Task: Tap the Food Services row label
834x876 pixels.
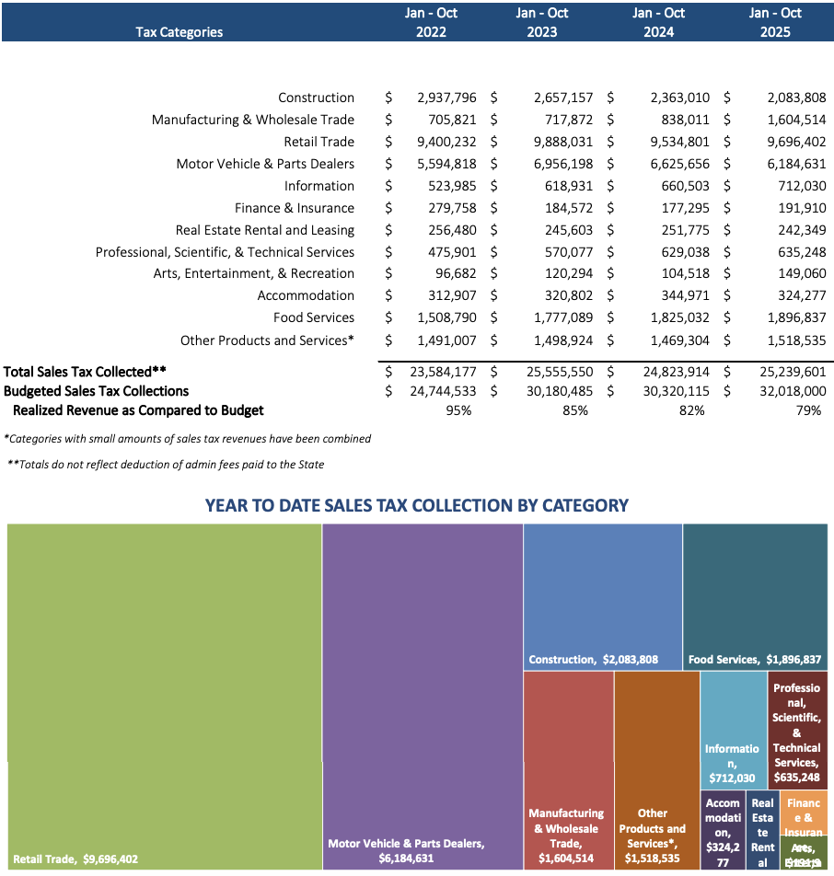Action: (313, 317)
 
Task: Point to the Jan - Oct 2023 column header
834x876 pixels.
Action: (542, 22)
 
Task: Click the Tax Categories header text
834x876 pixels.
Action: (179, 31)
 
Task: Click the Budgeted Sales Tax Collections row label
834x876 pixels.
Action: (96, 390)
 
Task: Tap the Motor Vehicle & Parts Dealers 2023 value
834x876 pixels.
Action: (563, 164)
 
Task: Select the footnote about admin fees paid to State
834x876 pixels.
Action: (166, 464)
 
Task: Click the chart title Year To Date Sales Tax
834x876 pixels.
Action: (416, 505)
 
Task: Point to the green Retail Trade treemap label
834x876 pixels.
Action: (75, 859)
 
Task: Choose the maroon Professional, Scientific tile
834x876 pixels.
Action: (796, 732)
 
